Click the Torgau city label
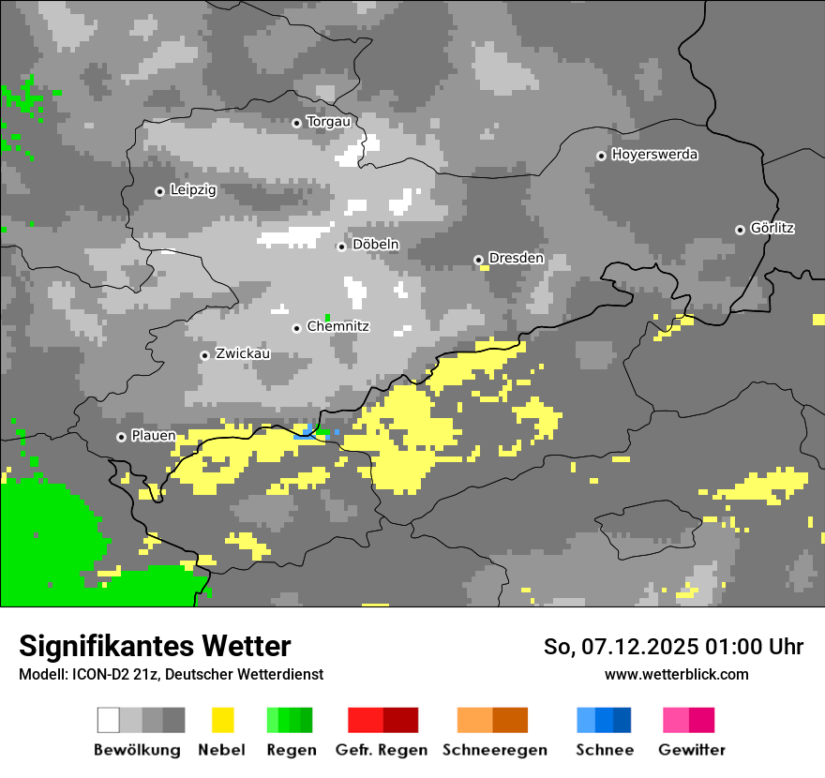pyautogui.click(x=328, y=122)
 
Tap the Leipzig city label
pyautogui.click(x=193, y=190)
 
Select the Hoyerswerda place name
pyautogui.click(x=654, y=155)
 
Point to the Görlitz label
pyautogui.click(x=772, y=229)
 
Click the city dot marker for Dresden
pyautogui.click(x=478, y=260)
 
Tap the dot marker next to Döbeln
pyautogui.click(x=341, y=247)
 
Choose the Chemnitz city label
pyautogui.click(x=337, y=327)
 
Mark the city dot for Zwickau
pyautogui.click(x=204, y=355)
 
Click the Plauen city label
pyautogui.click(x=153, y=436)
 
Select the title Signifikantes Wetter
pyautogui.click(x=155, y=646)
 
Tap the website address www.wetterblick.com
pyautogui.click(x=677, y=674)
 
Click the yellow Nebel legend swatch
pyautogui.click(x=222, y=720)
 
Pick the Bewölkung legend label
pyautogui.click(x=137, y=750)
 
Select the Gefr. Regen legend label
pyautogui.click(x=381, y=750)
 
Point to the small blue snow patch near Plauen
pyautogui.click(x=305, y=432)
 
